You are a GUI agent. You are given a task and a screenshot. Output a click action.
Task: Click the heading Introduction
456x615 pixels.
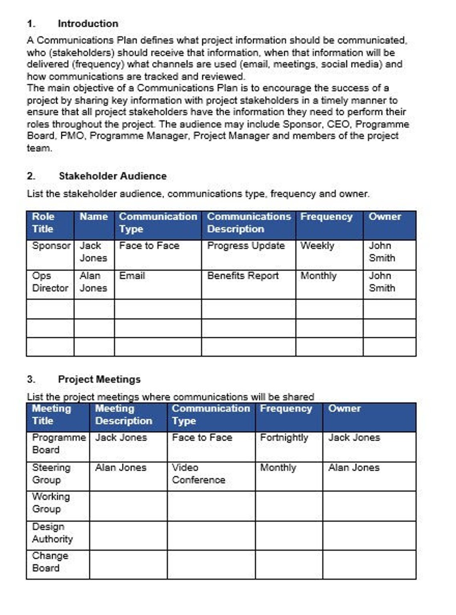tap(88, 24)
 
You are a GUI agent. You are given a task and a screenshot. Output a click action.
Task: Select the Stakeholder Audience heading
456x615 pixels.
tap(112, 176)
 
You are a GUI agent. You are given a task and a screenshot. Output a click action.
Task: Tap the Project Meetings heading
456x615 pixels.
tap(99, 379)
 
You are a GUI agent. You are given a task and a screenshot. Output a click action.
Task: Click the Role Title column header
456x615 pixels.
tap(43, 223)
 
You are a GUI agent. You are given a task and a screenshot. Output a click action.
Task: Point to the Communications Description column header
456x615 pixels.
tap(248, 223)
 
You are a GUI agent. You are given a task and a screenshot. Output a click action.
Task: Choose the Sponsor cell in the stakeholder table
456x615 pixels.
tap(51, 246)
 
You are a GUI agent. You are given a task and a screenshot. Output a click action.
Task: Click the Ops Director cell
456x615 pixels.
tap(50, 282)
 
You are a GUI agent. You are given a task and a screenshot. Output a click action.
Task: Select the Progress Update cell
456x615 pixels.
tap(246, 246)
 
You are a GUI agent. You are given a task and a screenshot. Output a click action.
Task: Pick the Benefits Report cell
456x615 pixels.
tap(243, 276)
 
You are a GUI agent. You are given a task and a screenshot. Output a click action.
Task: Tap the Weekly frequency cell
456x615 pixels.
tap(317, 246)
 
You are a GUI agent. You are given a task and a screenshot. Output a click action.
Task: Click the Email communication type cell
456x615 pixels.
tap(132, 276)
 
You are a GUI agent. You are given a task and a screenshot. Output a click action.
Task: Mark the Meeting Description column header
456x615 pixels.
tap(123, 415)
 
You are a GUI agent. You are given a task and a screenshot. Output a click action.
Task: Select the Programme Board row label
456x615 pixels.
tap(58, 444)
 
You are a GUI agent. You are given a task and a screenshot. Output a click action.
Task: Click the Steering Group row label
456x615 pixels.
tap(51, 474)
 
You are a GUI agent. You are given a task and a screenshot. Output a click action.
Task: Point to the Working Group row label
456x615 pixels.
tap(51, 503)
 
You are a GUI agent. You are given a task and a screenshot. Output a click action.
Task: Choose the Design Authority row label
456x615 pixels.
tap(52, 533)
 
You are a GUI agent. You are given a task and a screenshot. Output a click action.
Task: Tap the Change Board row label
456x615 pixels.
tap(50, 562)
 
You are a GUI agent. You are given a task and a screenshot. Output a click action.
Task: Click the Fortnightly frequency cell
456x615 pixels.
tap(284, 438)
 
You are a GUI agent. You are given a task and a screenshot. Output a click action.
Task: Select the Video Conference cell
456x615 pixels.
tap(198, 474)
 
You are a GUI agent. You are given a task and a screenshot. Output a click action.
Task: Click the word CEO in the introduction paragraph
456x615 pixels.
tap(338, 124)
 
